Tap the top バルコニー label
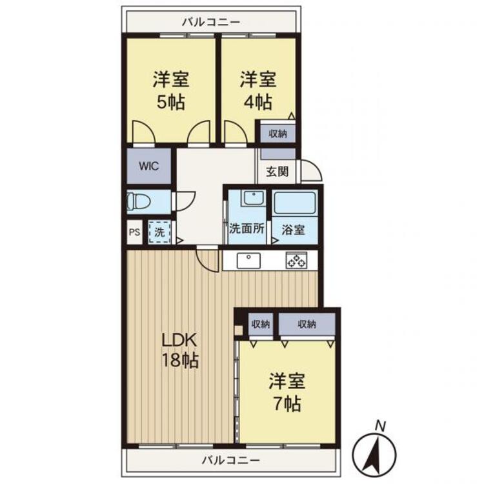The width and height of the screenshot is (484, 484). coord(211,21)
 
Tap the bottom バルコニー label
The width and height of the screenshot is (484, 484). coord(230,461)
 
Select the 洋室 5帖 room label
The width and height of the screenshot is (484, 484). coord(170,91)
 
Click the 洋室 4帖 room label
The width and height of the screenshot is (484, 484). coord(258,91)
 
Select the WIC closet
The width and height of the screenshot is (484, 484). coord(148,166)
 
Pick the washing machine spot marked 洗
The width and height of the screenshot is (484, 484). coord(158,230)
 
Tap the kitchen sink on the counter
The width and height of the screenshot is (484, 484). coord(248,260)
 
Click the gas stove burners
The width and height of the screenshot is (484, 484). coord(297,260)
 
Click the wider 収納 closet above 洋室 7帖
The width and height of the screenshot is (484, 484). coord(307,323)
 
